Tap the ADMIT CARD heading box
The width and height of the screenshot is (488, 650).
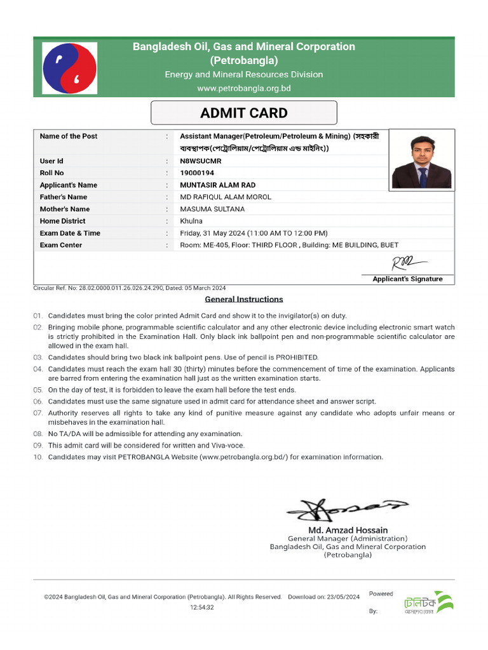coord(243,113)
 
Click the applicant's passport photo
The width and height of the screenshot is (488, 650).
coord(421,159)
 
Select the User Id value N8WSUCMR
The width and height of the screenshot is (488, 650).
coord(201,161)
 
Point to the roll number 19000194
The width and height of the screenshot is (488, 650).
coord(197,173)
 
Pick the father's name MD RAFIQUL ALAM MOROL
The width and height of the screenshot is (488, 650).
coord(226,197)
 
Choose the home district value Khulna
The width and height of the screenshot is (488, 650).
coord(191,221)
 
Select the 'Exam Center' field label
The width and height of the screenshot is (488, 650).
coord(61,245)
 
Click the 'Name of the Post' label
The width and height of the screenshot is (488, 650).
coord(69,136)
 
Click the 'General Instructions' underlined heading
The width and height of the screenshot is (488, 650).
coord(244,299)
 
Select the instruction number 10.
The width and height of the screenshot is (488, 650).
coord(37,457)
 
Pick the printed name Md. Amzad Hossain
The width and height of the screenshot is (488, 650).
coord(348,529)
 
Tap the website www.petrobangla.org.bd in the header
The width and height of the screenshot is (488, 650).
coord(244,88)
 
